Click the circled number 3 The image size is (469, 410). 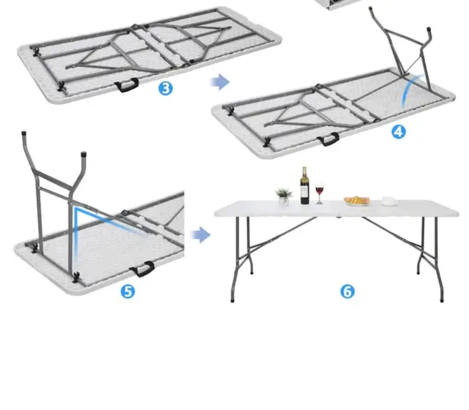(x=165, y=89)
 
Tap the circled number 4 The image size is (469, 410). (x=399, y=132)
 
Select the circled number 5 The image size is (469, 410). (x=128, y=291)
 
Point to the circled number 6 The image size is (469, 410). (x=347, y=291)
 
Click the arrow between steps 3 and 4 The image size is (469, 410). (x=220, y=82)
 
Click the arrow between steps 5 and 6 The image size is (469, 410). (x=201, y=235)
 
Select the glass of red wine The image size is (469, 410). (x=320, y=192)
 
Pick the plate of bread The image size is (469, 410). (x=357, y=201)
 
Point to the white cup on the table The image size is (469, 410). (x=389, y=201)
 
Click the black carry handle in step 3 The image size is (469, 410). (x=126, y=85)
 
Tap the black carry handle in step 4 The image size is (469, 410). (x=328, y=139)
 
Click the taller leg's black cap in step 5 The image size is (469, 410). (x=24, y=134)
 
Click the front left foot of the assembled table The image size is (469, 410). (x=232, y=300)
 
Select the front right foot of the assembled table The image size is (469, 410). (x=442, y=300)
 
